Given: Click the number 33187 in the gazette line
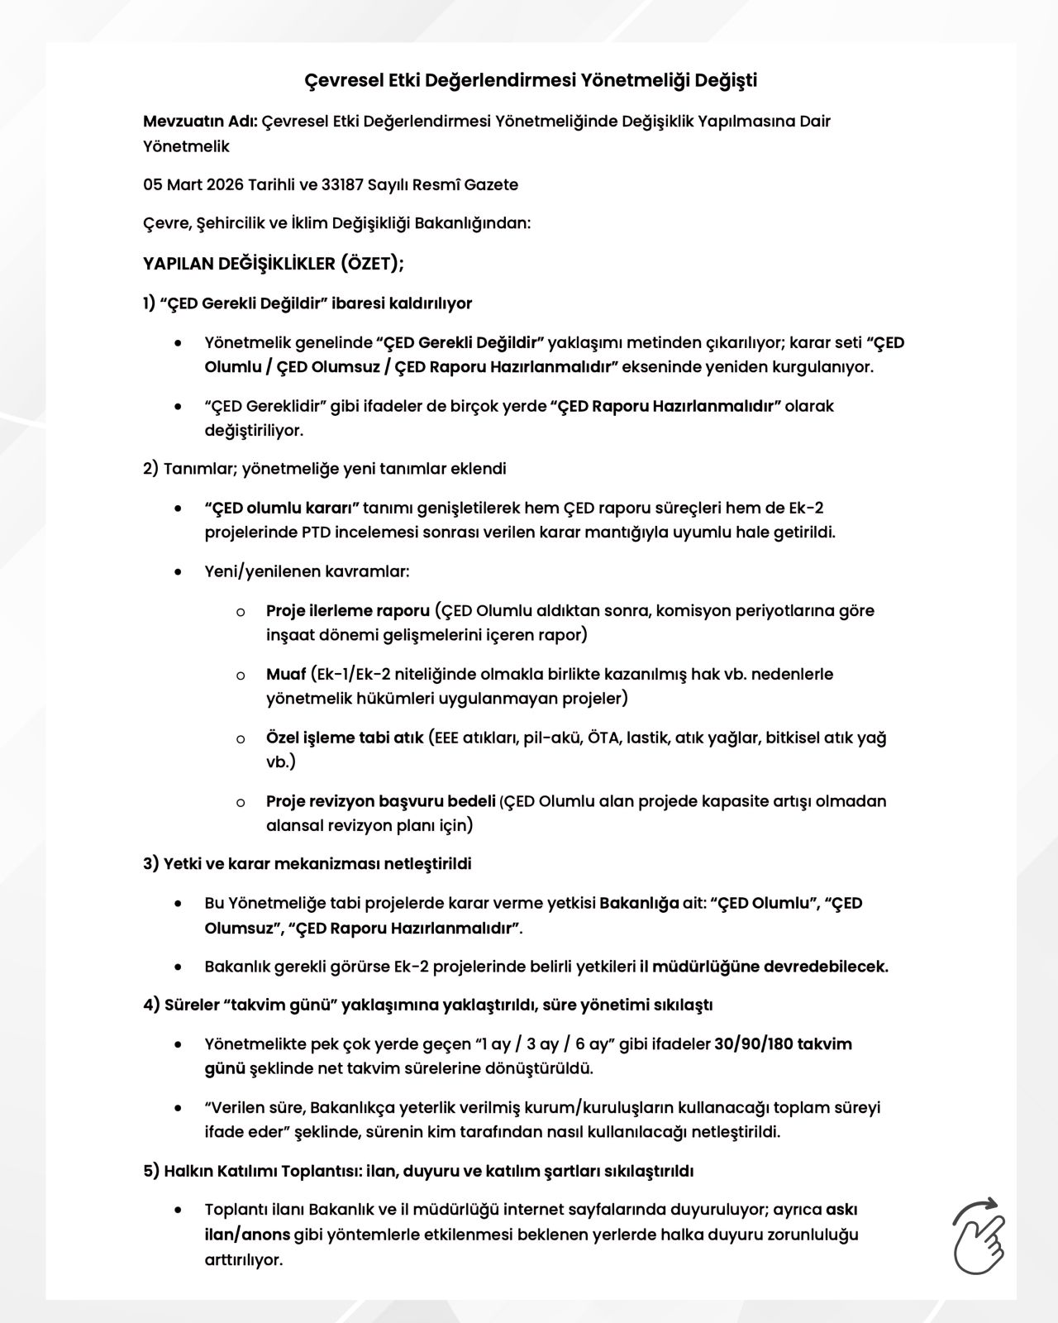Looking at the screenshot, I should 343,184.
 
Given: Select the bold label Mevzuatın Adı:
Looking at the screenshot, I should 201,122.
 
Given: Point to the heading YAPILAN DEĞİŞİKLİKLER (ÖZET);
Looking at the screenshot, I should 274,264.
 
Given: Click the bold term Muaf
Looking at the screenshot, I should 286,674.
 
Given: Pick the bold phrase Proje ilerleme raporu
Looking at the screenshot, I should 348,610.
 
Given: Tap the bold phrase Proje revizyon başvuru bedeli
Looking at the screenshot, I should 380,800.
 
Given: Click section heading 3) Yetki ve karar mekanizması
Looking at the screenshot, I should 307,863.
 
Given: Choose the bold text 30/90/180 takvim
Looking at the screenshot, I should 783,1044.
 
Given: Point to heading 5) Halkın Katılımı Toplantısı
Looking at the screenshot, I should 418,1171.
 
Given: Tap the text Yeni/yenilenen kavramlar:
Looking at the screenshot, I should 307,571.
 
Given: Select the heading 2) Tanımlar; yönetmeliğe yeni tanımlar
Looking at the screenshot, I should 324,468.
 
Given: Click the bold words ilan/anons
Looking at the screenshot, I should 247,1235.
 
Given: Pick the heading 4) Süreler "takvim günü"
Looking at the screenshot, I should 427,1005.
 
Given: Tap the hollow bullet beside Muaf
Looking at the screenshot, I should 241,676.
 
